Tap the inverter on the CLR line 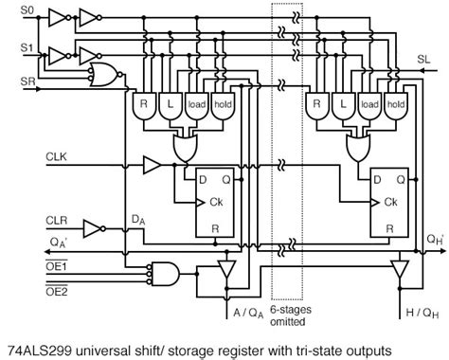pyautogui.click(x=93, y=227)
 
